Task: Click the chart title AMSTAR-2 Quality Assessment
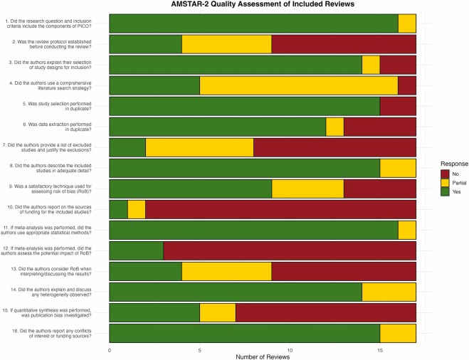click(261, 6)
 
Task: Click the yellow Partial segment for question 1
click(407, 23)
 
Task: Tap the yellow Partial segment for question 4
click(299, 86)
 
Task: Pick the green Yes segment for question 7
click(127, 148)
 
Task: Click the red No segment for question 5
click(398, 107)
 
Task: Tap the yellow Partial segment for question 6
click(334, 127)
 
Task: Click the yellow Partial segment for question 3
click(371, 65)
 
